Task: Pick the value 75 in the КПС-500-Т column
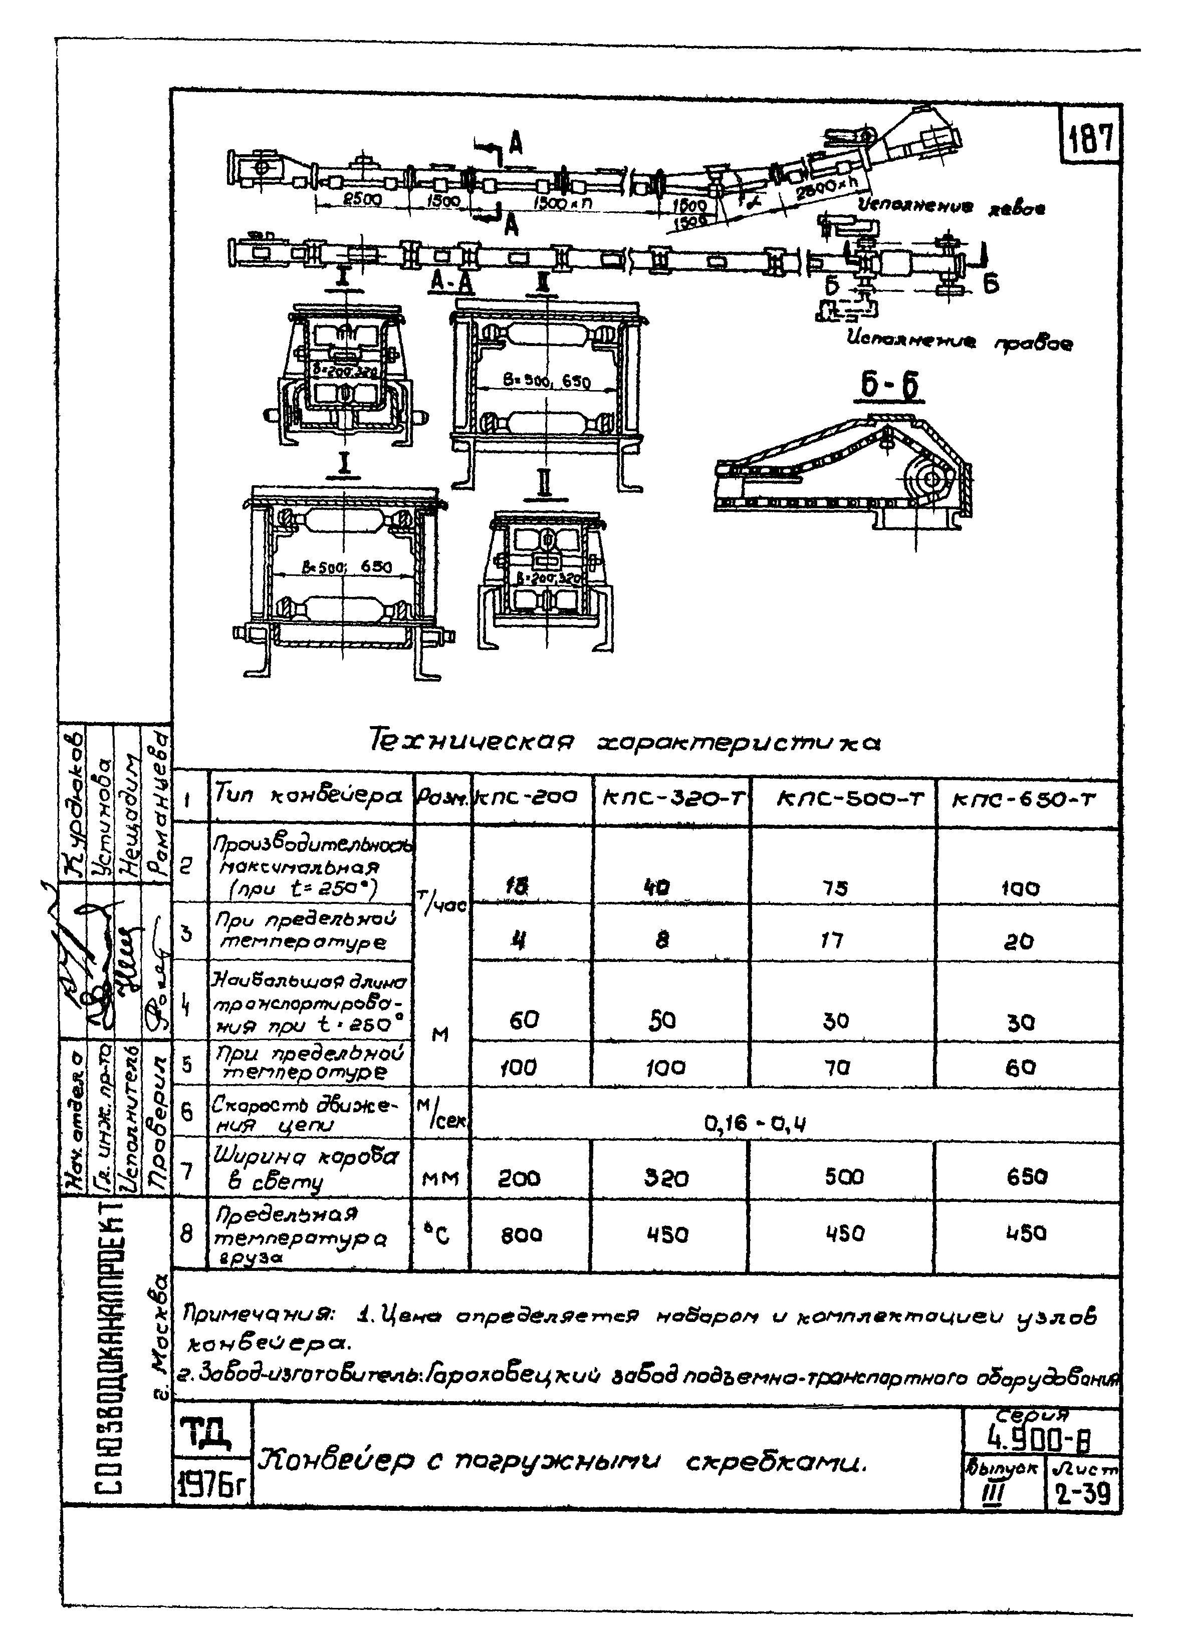[836, 887]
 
